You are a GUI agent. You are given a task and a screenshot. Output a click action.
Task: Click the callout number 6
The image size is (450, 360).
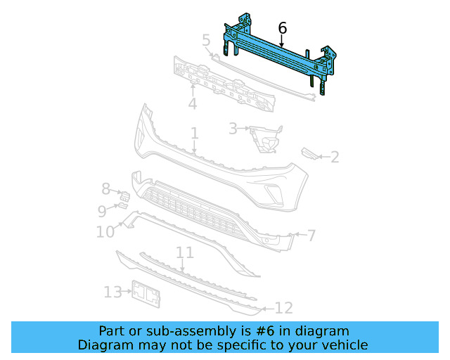pos(283,28)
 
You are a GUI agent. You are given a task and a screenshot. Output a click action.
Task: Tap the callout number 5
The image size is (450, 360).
pos(206,40)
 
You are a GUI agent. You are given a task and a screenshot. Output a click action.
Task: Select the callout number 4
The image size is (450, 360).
pos(192,105)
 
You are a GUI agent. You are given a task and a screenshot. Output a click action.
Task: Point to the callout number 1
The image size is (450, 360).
pos(194,133)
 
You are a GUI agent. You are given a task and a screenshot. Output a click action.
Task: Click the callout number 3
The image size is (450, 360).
pos(233,129)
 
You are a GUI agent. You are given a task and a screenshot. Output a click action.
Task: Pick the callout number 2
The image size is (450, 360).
pos(335,157)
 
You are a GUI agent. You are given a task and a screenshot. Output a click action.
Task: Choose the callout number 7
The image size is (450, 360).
pos(311,235)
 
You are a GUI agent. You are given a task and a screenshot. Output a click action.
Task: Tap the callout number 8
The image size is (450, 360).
pos(105,188)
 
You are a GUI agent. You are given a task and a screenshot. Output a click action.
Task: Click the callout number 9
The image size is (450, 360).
pos(102,211)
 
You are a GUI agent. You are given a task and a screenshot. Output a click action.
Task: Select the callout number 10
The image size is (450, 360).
pos(105,231)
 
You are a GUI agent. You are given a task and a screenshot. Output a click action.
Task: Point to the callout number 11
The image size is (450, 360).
pos(185,252)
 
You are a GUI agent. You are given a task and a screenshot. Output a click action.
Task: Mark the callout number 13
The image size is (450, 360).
pos(112,292)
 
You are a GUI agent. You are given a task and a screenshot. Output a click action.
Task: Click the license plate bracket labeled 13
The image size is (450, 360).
pos(147,294)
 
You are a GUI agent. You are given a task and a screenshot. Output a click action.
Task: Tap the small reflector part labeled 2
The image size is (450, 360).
pos(309,154)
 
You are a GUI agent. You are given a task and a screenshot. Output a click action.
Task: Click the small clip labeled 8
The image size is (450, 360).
pos(122,195)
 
